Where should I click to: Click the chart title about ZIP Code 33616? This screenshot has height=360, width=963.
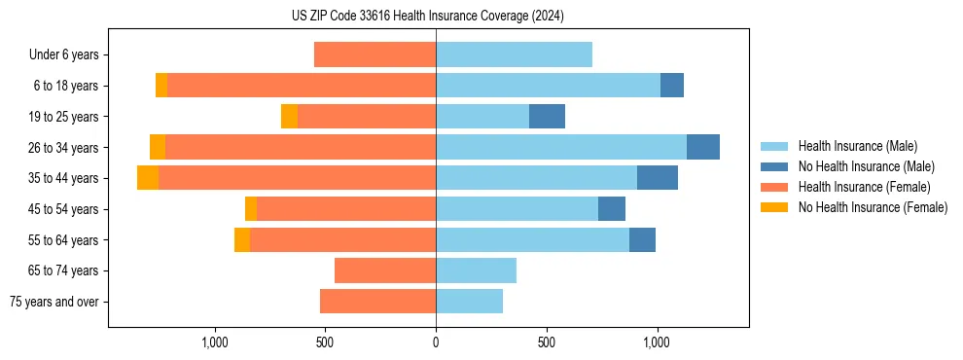pos(427,16)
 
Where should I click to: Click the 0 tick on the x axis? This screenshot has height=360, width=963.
pos(436,342)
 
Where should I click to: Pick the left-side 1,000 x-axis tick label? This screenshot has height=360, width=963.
pos(214,342)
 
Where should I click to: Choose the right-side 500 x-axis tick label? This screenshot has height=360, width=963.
pos(547,342)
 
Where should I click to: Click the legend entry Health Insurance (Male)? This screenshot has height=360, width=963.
pos(857,146)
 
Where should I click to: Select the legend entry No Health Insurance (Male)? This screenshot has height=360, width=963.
pos(866,166)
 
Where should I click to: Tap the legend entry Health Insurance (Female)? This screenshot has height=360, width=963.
pos(864,187)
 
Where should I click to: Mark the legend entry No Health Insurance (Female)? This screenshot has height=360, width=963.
pos(873,207)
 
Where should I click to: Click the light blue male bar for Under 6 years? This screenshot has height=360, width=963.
pos(514,54)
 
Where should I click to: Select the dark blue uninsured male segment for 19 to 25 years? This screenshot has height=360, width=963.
pos(547,117)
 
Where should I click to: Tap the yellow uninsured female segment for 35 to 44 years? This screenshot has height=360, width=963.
pos(148,178)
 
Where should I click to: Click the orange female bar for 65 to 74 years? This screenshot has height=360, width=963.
pos(385,270)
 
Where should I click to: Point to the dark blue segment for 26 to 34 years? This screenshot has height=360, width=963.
pos(702,147)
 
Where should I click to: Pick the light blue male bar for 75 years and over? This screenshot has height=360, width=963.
pos(469,302)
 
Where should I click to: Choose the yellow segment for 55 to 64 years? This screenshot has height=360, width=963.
pos(242,239)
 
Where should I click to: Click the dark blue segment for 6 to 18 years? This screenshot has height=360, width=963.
pos(671,86)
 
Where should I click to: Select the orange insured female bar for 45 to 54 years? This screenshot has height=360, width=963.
pos(345,209)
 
